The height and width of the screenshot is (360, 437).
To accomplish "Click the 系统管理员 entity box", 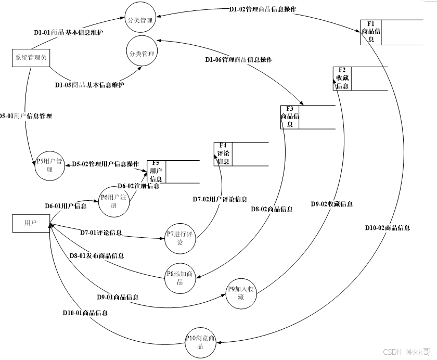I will pyautogui.click(x=30, y=58).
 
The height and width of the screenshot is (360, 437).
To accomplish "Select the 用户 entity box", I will pyautogui.click(x=30, y=223).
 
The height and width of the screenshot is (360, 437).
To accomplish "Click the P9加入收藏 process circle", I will pyautogui.click(x=241, y=293).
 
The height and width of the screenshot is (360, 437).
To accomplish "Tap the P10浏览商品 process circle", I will pyautogui.click(x=200, y=342).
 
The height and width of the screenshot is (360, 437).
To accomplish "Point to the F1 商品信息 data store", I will pyautogui.click(x=371, y=33).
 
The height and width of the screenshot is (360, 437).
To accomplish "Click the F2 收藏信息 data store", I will pyautogui.click(x=342, y=79).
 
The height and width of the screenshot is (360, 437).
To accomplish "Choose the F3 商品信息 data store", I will pyautogui.click(x=290, y=117).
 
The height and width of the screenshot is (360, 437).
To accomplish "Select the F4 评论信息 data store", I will pyautogui.click(x=223, y=154).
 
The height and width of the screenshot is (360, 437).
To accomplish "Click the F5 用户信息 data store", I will pyautogui.click(x=156, y=171).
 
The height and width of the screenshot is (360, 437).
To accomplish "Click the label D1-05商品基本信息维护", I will pyautogui.click(x=90, y=84).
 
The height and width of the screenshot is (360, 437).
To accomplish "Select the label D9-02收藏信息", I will pyautogui.click(x=331, y=204).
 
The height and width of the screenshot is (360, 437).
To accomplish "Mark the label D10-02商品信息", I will pyautogui.click(x=387, y=227).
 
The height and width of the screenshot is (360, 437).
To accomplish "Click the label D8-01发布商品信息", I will pyautogui.click(x=97, y=255).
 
